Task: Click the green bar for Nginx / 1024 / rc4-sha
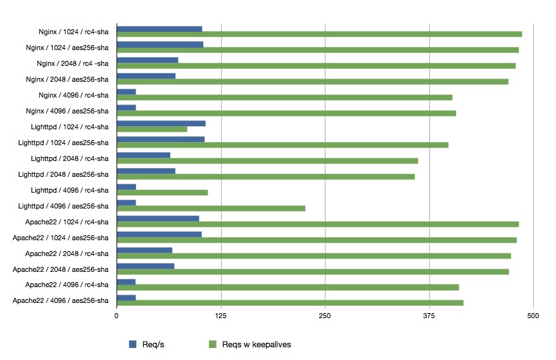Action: coord(319,34)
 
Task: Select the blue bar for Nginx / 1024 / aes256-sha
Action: coord(160,44)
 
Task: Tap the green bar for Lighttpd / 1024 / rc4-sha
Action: coord(152,129)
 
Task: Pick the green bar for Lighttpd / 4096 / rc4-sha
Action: coord(162,193)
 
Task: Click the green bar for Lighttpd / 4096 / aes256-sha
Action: coord(211,209)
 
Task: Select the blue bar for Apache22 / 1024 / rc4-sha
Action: coord(158,219)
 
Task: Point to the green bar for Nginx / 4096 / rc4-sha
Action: coord(284,98)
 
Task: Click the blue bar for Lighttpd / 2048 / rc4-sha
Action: coord(143,155)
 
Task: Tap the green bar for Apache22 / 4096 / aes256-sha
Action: coord(290,303)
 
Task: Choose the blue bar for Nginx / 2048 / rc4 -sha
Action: coord(147,60)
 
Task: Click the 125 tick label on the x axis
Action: coord(220,315)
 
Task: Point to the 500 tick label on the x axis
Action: coord(533,315)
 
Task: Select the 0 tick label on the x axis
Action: coord(117,315)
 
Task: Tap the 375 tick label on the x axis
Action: coord(429,315)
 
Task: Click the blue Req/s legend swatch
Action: coord(133,344)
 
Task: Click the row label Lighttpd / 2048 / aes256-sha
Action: coord(63,174)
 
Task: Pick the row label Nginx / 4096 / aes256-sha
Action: coord(67,111)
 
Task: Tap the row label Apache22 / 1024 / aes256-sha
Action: coord(61,238)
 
